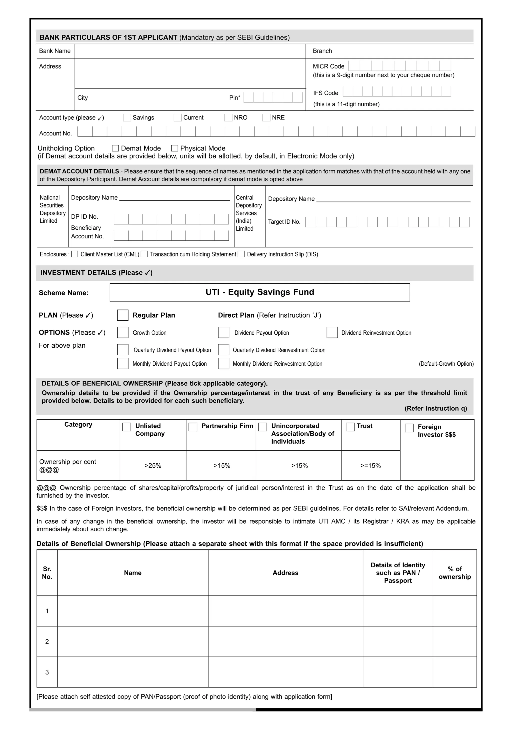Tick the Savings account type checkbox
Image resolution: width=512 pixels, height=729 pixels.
pyautogui.click(x=127, y=117)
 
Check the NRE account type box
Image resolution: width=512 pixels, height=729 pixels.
pyautogui.click(x=266, y=117)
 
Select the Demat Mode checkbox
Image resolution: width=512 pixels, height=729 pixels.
pyautogui.click(x=115, y=148)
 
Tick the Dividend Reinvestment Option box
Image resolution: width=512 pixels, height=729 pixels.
pyautogui.click(x=332, y=332)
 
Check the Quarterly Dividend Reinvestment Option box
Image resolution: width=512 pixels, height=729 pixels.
pyautogui.click(x=223, y=350)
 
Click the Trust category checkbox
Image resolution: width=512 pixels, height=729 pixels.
pyautogui.click(x=350, y=427)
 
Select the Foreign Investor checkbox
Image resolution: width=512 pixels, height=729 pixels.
pyautogui.click(x=409, y=428)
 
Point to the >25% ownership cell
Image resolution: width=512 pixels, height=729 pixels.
pyautogui.click(x=153, y=466)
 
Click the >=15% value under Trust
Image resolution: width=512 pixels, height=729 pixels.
pyautogui.click(x=370, y=466)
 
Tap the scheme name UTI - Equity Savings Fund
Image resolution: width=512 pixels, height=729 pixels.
pyautogui.click(x=259, y=292)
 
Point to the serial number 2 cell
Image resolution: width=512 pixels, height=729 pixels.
pyautogui.click(x=47, y=642)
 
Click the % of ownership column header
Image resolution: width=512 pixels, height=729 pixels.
pyautogui.click(x=454, y=573)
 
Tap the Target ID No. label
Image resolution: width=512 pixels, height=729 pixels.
pyautogui.click(x=284, y=222)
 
